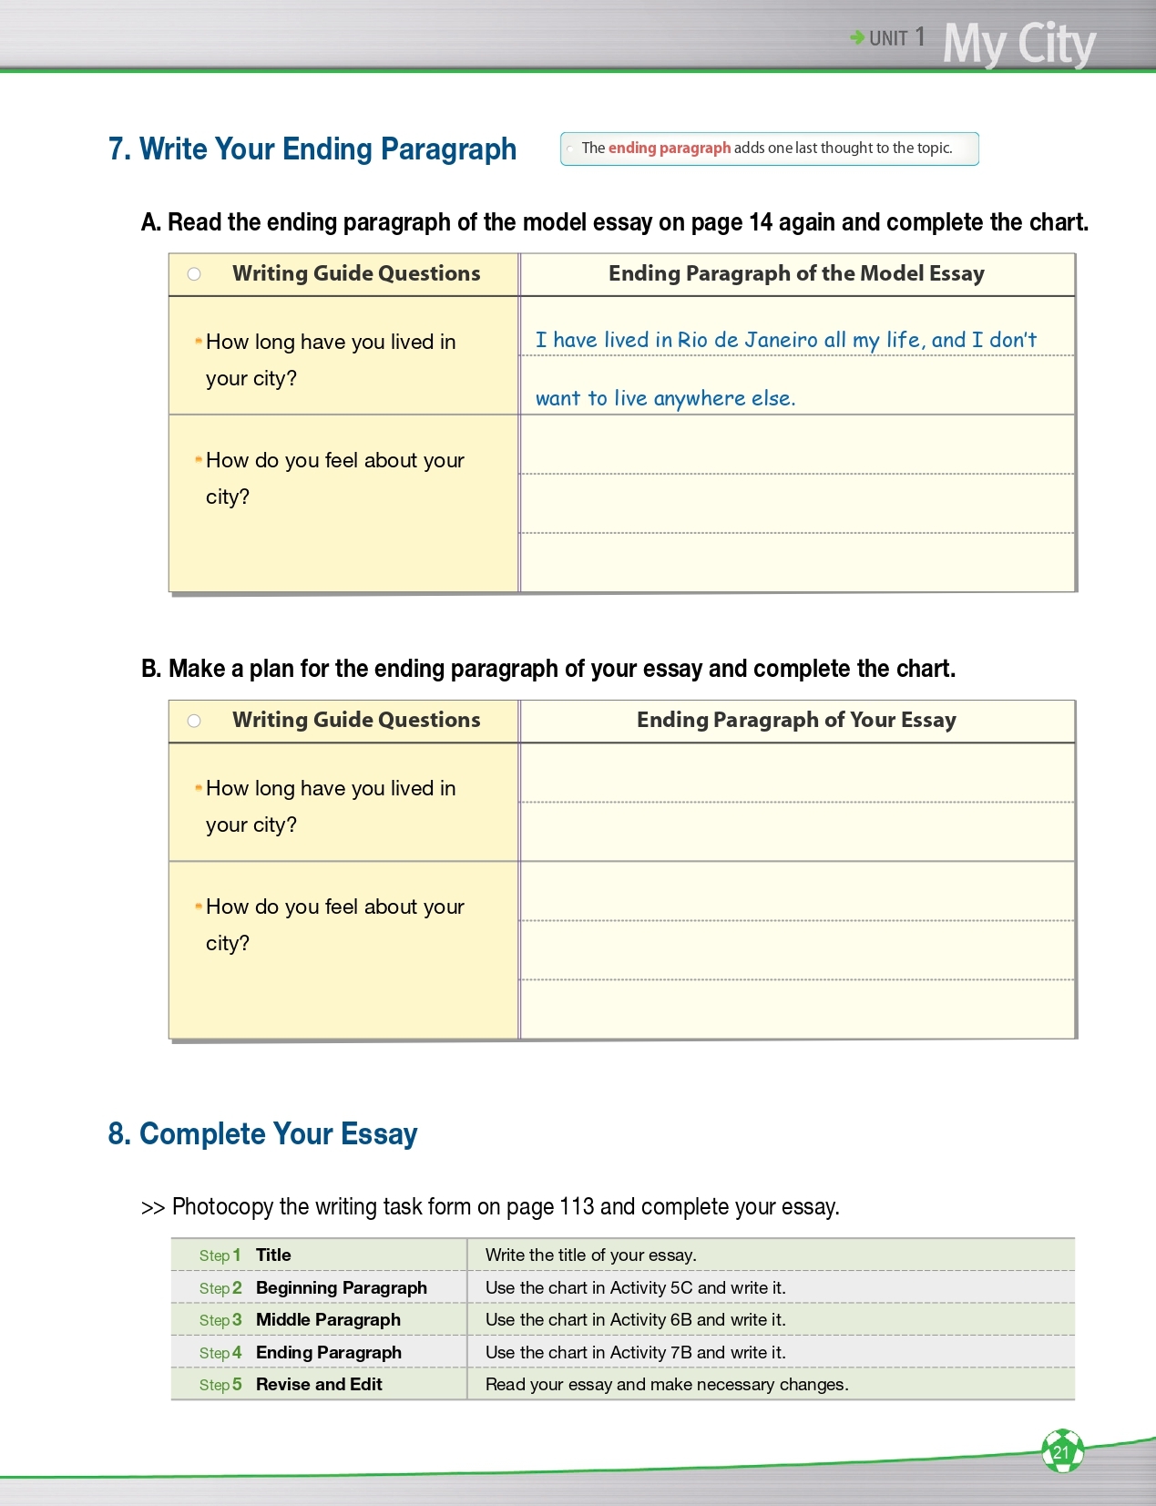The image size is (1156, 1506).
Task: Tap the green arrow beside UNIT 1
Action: click(857, 37)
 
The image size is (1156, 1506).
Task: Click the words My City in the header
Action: click(1018, 43)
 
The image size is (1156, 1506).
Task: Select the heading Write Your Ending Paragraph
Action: click(312, 149)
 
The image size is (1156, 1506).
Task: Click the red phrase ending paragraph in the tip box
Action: click(670, 148)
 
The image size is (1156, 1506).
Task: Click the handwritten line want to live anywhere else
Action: click(665, 398)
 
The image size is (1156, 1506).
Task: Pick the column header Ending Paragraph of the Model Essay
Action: click(796, 273)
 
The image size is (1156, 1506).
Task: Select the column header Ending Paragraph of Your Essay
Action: click(796, 720)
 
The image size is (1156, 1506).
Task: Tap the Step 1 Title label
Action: click(272, 1255)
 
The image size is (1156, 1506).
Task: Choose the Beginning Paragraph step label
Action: click(341, 1287)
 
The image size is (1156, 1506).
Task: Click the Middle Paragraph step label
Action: click(328, 1319)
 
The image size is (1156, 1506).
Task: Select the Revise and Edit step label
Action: click(319, 1384)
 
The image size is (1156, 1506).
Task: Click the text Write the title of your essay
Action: click(590, 1255)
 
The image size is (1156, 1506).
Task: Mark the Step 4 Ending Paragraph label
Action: click(328, 1352)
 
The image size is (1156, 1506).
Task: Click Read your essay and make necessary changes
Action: click(666, 1384)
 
